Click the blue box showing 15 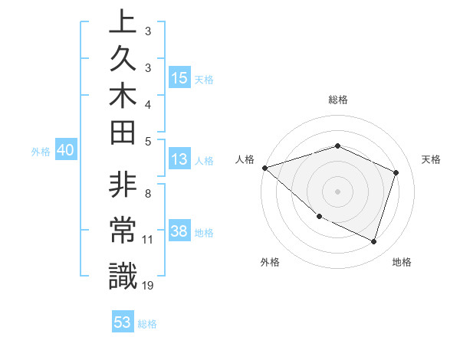(179, 78)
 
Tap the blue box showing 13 (179, 160)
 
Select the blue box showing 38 (179, 231)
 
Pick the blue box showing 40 (66, 151)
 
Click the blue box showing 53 (123, 322)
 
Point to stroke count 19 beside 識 (147, 286)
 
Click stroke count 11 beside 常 (147, 240)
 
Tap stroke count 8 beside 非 (147, 194)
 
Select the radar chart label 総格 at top (337, 100)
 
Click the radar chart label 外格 (270, 263)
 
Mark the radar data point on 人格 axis (264, 167)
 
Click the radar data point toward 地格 (373, 242)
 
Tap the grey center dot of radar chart (337, 191)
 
